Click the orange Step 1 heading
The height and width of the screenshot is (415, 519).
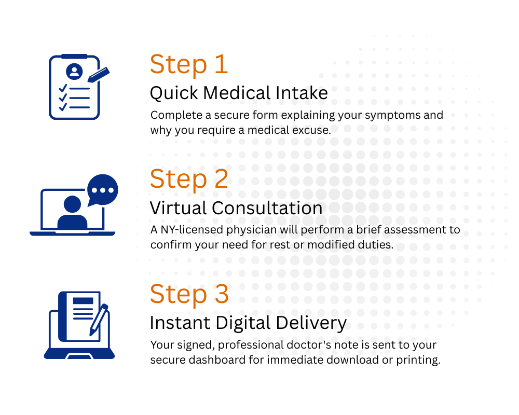[188, 65]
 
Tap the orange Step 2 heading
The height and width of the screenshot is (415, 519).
[188, 179]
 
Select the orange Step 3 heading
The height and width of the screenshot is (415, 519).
[188, 294]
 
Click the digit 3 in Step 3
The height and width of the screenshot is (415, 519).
[221, 294]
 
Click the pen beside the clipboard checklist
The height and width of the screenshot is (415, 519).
[98, 75]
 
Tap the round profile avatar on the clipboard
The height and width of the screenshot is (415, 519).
[74, 71]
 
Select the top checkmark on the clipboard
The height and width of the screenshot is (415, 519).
[63, 88]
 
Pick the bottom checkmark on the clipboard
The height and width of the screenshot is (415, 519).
[63, 107]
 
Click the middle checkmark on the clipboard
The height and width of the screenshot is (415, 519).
[63, 98]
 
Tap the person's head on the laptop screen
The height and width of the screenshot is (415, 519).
[72, 204]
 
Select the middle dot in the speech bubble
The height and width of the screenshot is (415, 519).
[102, 189]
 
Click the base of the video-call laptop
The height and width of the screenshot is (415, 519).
[72, 233]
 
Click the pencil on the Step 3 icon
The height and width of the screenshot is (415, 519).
[98, 319]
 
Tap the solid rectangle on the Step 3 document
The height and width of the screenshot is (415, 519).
[83, 301]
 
